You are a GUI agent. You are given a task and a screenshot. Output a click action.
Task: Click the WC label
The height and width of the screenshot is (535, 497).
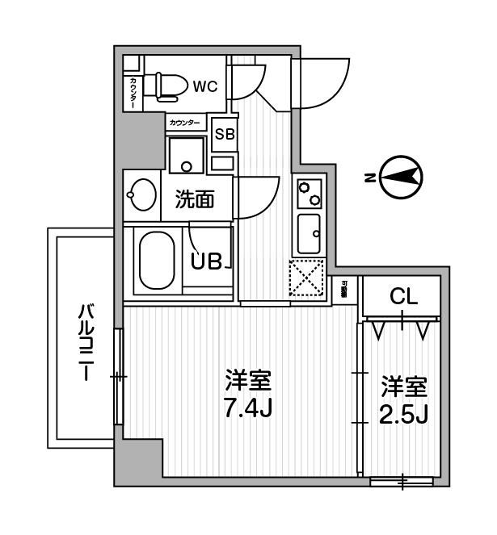tap(204, 86)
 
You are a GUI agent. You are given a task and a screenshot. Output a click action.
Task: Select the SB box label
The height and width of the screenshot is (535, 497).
tap(224, 135)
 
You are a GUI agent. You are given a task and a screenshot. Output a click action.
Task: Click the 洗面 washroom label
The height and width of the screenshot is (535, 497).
tap(195, 198)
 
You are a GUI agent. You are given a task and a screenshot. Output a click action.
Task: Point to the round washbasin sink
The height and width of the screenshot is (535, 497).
tap(142, 194)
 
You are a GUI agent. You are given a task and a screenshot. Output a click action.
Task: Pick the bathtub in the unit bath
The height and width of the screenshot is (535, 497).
tap(157, 263)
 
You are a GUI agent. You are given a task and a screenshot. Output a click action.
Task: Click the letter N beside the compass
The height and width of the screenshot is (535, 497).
tap(368, 178)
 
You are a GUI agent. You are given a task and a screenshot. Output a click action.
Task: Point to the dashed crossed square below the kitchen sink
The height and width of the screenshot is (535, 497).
tap(307, 279)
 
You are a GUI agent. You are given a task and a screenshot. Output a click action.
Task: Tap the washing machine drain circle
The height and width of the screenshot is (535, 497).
tap(187, 168)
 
